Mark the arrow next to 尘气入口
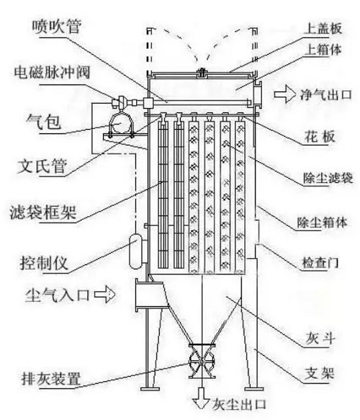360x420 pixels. coord(105,294)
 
